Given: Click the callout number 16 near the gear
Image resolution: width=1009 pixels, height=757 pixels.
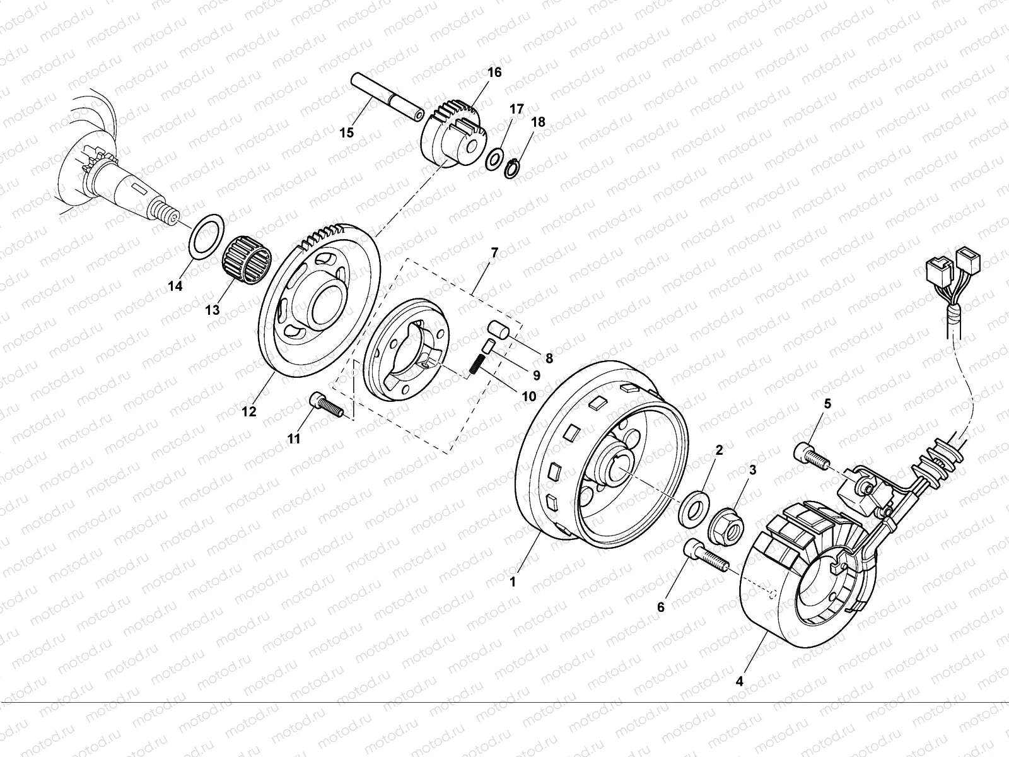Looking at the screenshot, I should pos(494,73).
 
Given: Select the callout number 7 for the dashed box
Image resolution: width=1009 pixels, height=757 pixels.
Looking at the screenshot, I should pos(494,253).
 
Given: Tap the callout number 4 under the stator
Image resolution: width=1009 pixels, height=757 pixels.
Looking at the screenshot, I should pos(739,682).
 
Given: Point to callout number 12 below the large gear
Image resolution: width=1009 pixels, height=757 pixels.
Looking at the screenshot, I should pos(249,411).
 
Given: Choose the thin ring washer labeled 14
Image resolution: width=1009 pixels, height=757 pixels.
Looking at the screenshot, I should pos(206,237).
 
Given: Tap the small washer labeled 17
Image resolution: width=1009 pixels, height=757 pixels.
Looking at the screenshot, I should pos(496,158).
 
